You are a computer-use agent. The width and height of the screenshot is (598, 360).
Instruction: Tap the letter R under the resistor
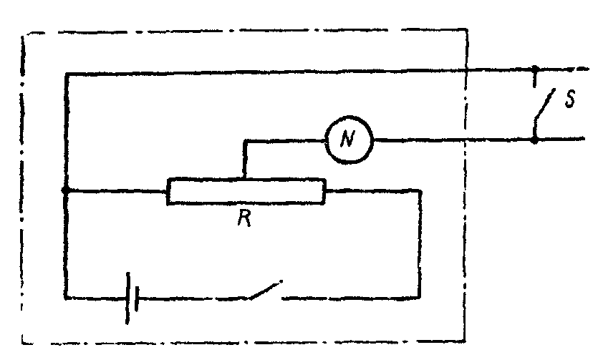coord(244,219)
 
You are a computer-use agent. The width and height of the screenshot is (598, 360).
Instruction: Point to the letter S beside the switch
coord(570,99)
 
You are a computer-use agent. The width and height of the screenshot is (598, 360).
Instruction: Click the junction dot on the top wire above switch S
coord(535,69)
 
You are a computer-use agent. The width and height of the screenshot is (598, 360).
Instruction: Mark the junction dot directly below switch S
coord(535,140)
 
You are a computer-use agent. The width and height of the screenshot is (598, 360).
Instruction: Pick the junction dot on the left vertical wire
coord(66,190)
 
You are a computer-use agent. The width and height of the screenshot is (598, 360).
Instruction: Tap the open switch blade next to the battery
coord(266,290)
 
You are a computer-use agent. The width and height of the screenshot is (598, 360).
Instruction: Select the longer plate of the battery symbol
coord(127,298)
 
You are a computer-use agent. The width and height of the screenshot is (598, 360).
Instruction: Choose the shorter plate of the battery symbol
coord(137,298)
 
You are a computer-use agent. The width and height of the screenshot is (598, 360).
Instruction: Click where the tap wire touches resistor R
coord(244,178)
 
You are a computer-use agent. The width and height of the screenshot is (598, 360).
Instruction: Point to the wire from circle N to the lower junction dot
coord(453,140)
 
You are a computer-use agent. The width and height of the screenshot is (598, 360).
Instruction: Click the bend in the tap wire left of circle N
coord(245,141)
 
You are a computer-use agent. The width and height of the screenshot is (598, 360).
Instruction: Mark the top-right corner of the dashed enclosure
coord(467,29)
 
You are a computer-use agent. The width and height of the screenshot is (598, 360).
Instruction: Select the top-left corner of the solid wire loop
coord(67,74)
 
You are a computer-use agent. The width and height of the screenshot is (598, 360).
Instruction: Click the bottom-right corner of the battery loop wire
coord(420,297)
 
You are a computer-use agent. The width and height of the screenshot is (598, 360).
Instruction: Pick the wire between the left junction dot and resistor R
coord(116,190)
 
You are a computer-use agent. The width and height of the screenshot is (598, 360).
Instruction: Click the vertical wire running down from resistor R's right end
coord(420,243)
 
